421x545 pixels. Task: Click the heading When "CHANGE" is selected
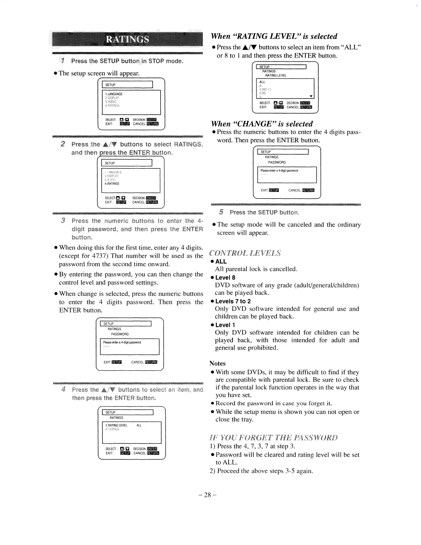click(x=262, y=124)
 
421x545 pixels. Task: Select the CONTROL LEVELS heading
click(x=245, y=253)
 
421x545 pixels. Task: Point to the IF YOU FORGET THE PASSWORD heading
click(x=274, y=438)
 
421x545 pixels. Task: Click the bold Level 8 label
click(x=225, y=277)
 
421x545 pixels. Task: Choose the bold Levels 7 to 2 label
click(x=233, y=301)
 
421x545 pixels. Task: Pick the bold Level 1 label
click(x=225, y=325)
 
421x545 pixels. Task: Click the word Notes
click(x=217, y=363)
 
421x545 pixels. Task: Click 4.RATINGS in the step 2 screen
click(x=112, y=184)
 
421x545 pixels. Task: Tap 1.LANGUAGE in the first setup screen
click(x=114, y=94)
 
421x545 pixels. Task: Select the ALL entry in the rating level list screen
click(x=262, y=82)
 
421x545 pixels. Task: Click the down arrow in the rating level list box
click(x=311, y=96)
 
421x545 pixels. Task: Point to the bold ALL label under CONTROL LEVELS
click(x=221, y=261)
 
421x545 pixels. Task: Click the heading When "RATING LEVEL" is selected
click(x=274, y=36)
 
